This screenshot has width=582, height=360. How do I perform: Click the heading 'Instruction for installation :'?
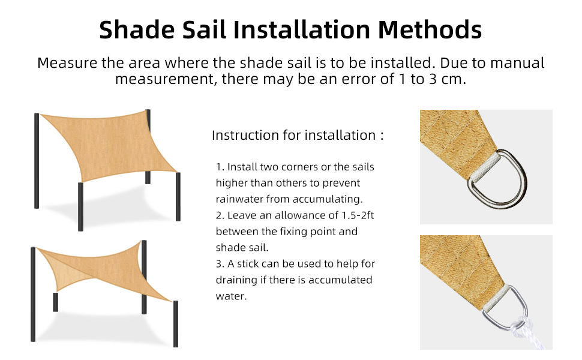pos(298,135)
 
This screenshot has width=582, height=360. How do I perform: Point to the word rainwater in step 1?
pos(238,199)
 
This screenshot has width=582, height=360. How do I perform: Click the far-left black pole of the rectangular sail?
pos(37,162)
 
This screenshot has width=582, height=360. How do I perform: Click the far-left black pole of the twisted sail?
pos(33,294)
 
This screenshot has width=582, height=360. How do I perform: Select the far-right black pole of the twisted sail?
pos(175,324)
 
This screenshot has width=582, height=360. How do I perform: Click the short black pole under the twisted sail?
pos(56,302)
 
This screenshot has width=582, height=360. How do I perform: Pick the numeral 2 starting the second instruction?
pos(218,215)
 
